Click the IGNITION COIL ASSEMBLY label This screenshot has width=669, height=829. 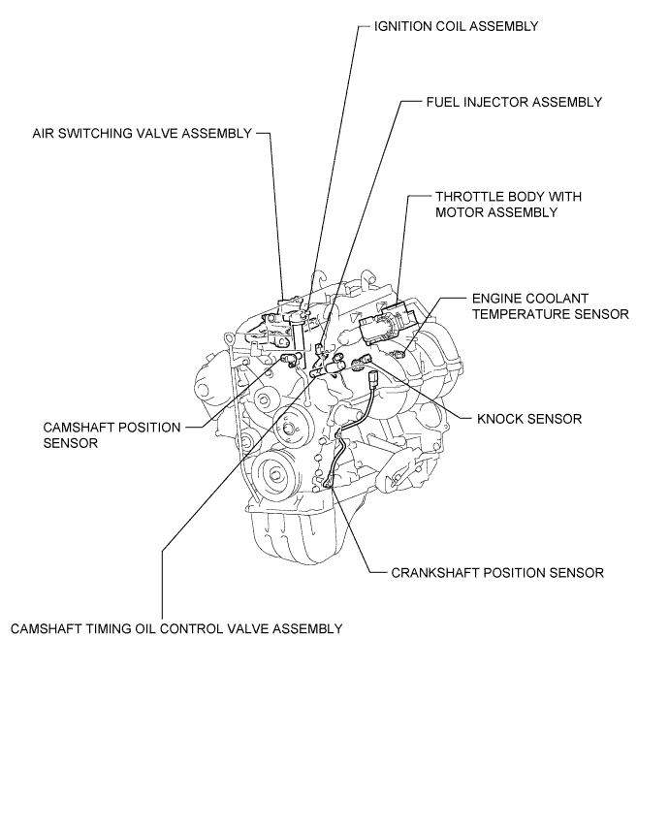456,26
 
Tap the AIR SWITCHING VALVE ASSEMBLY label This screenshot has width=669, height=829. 142,133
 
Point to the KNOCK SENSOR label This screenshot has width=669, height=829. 529,419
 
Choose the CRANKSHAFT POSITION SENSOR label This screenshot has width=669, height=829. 497,572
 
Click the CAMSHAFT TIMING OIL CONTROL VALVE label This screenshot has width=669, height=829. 176,628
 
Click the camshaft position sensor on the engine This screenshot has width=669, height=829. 287,361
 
